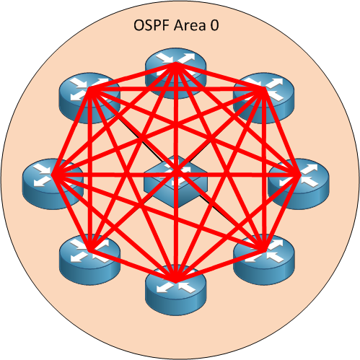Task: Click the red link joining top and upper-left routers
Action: coord(131,77)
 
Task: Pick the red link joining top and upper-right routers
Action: coord(218,77)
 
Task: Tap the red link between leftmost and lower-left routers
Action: coord(70,214)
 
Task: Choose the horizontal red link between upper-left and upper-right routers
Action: coord(175,89)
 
